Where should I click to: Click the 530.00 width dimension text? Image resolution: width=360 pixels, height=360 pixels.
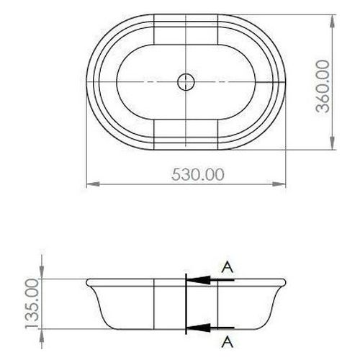[198, 174]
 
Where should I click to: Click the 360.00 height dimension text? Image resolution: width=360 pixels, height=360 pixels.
[323, 86]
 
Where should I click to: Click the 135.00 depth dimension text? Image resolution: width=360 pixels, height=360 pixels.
[32, 303]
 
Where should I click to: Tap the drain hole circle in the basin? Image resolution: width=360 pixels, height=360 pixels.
[186, 82]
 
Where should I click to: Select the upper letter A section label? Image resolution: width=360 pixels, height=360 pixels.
[228, 267]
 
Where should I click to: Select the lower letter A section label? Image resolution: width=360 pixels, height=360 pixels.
[228, 342]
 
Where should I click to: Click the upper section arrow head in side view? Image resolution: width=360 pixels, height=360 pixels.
[199, 280]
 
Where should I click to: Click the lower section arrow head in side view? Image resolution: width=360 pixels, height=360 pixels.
[199, 328]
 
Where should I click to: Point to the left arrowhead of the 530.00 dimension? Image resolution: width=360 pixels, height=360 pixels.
[93, 184]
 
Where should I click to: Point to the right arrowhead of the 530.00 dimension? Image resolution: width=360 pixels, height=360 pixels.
[279, 184]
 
